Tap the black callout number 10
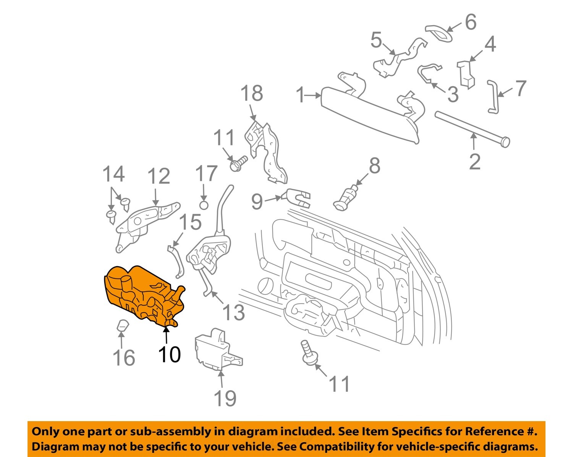pyautogui.click(x=169, y=355)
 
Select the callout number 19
pyautogui.click(x=225, y=398)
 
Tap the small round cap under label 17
pyautogui.click(x=204, y=205)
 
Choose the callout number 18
pyautogui.click(x=252, y=93)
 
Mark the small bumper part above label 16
pyautogui.click(x=122, y=326)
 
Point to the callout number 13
pyautogui.click(x=233, y=312)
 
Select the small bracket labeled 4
pyautogui.click(x=466, y=73)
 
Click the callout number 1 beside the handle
pyautogui.click(x=301, y=95)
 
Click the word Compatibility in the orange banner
pyautogui.click(x=337, y=446)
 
